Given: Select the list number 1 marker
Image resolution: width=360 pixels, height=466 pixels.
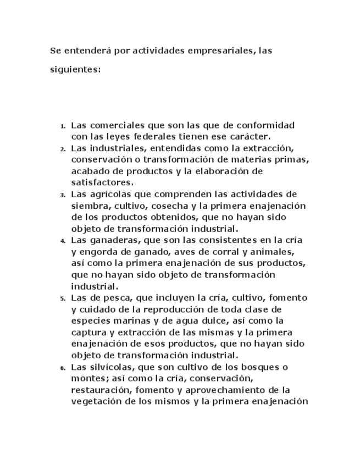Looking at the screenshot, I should (x=63, y=126).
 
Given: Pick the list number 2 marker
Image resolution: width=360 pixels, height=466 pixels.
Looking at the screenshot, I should (x=63, y=149).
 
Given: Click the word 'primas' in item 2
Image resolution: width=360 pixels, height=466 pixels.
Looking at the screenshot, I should (x=293, y=159).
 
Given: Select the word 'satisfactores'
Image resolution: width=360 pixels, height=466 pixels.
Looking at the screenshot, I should (x=102, y=182).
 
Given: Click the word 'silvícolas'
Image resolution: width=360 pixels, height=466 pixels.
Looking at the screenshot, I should (x=109, y=367).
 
